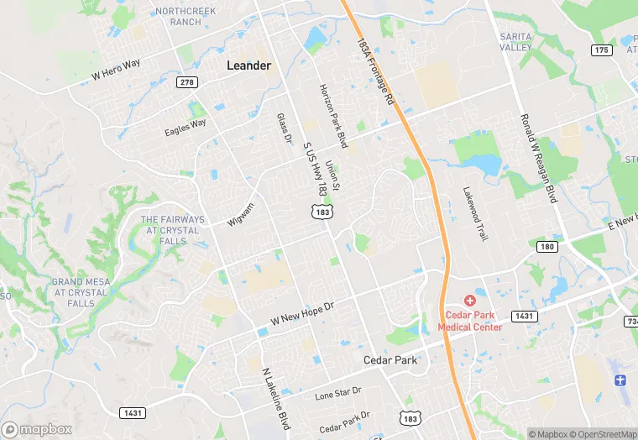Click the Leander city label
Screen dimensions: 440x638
249,65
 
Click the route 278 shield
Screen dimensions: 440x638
186,81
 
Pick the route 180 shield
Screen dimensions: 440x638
547,246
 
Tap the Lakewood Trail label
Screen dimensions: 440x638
474,214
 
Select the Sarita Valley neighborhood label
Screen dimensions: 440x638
516,42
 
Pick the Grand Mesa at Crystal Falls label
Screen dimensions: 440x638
82,286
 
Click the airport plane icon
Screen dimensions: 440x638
620,380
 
